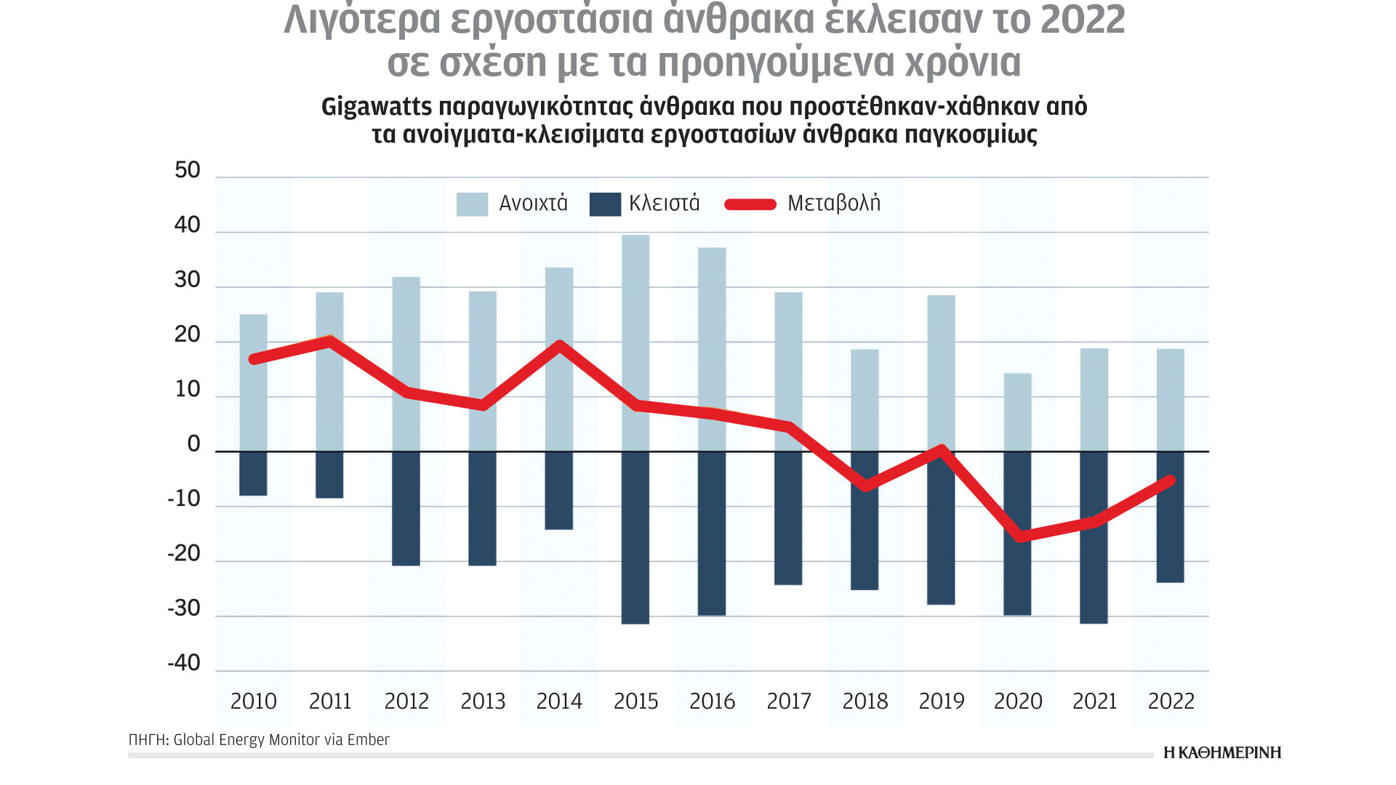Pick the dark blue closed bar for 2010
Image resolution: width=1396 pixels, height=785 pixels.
point(253,473)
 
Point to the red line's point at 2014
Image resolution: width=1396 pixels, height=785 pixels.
point(559,345)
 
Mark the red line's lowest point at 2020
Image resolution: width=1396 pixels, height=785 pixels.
point(1020,536)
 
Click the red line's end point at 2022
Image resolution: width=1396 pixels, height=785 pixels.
point(1170,480)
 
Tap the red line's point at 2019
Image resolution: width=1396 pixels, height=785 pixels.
point(942,450)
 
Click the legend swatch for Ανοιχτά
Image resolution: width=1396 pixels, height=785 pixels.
point(472,204)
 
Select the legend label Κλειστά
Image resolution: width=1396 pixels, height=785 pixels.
point(664,204)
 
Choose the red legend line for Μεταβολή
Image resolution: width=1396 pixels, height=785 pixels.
point(750,204)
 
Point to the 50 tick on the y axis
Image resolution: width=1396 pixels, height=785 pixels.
point(188,171)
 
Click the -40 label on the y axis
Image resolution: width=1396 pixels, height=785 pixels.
point(184,663)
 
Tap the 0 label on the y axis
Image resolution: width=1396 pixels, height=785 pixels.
point(193,444)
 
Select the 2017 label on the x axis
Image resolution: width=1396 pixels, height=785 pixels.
point(788,701)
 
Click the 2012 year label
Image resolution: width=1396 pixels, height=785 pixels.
point(406,701)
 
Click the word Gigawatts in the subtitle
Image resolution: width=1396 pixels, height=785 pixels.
point(376,107)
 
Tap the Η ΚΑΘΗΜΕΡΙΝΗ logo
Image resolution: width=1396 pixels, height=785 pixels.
point(1222,753)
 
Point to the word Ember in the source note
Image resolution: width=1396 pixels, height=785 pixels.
point(368,740)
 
